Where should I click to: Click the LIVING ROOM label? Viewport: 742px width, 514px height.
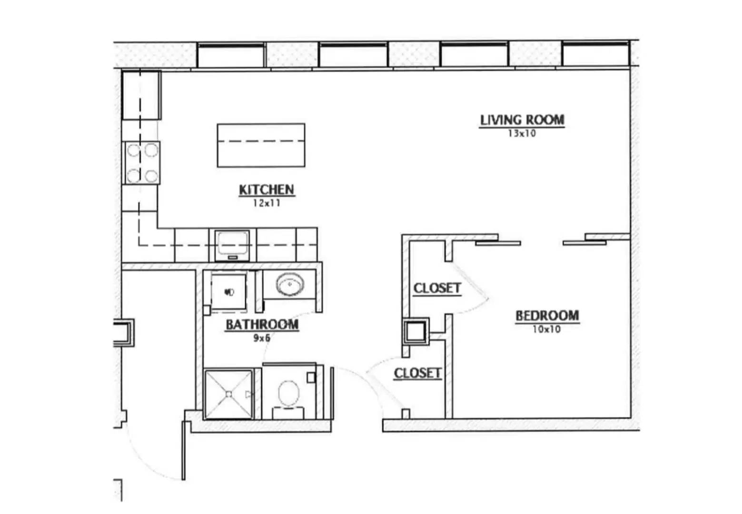click(x=522, y=120)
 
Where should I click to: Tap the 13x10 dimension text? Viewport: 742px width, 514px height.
click(x=522, y=133)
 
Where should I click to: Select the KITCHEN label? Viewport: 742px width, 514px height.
click(x=267, y=190)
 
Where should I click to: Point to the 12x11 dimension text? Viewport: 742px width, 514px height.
click(x=267, y=203)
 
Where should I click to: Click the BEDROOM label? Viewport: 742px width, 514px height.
click(x=547, y=316)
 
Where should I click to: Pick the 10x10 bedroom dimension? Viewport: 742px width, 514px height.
click(x=546, y=329)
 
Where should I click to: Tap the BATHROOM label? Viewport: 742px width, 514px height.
click(x=262, y=325)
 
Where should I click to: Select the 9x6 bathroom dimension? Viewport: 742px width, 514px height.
click(x=262, y=338)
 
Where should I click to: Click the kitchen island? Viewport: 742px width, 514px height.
click(x=261, y=145)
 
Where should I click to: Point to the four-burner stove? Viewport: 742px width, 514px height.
click(x=142, y=163)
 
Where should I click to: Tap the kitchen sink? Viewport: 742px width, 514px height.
click(x=232, y=245)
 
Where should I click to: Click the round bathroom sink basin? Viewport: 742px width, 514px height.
click(x=290, y=284)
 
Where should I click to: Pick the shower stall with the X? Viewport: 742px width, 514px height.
click(x=228, y=394)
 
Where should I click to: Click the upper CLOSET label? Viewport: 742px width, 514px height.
click(x=437, y=288)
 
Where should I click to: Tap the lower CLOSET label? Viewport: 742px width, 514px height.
click(x=418, y=373)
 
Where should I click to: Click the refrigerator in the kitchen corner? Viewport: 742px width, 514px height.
click(x=141, y=95)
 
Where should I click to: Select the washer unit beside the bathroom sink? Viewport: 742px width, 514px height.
click(x=229, y=291)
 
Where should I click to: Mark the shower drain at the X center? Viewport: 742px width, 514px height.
click(x=228, y=394)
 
